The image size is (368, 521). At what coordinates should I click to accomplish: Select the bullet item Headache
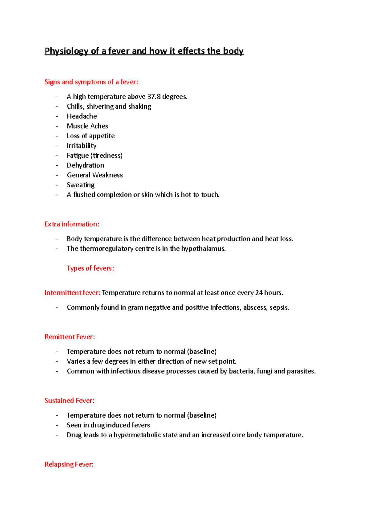(82, 116)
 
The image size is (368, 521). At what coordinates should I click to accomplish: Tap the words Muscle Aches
(87, 126)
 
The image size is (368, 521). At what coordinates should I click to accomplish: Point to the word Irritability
(82, 146)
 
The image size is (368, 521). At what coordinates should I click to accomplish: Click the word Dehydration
(86, 165)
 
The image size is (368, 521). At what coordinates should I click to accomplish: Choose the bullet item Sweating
(81, 185)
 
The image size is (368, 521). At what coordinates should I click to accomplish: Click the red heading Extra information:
(72, 224)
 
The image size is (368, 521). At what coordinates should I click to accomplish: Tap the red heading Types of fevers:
(90, 268)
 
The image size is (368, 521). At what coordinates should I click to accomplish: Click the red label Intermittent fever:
(72, 293)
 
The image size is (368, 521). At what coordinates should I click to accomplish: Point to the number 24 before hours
(259, 293)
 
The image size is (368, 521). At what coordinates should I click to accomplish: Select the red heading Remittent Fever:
(70, 337)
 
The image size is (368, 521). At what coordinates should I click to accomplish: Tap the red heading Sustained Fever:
(69, 401)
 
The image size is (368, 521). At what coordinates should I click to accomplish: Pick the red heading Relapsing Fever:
(69, 465)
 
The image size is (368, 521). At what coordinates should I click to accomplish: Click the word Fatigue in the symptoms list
(78, 156)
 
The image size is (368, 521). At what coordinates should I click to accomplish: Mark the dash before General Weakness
(57, 175)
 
